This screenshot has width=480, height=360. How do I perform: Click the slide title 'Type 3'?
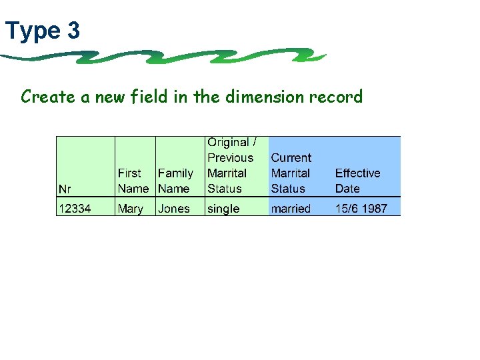[43, 31]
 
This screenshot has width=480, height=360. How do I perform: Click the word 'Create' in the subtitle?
[48, 97]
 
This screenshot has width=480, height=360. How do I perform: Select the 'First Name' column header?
[133, 181]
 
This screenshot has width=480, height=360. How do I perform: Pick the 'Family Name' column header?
[175, 181]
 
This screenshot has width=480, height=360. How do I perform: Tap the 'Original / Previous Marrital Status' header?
[231, 165]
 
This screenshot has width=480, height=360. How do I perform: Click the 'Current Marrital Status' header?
[291, 173]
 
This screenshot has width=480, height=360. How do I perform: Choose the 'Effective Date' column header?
[357, 181]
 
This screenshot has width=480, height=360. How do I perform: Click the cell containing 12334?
[75, 209]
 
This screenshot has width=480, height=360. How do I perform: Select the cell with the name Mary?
[131, 209]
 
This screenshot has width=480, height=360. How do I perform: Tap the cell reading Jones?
[174, 209]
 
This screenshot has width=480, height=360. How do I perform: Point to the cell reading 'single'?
[223, 209]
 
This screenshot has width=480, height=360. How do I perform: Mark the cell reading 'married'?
[291, 209]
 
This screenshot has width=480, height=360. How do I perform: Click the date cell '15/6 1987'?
[361, 209]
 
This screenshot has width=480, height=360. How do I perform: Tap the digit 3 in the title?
[73, 31]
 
